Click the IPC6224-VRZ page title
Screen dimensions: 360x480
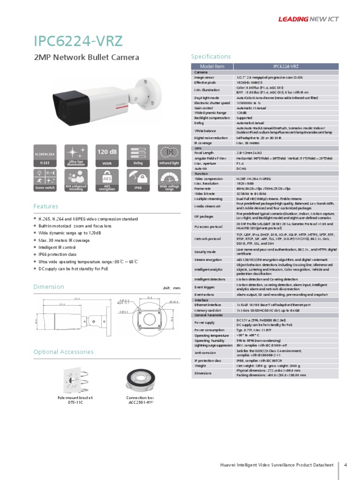point(78,41)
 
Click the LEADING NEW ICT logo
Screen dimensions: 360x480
point(308,19)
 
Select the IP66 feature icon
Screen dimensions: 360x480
point(138,180)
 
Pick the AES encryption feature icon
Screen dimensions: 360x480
point(106,180)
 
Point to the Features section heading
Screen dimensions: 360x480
point(46,206)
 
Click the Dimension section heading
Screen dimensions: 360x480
point(49,287)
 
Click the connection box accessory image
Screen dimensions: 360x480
point(141,380)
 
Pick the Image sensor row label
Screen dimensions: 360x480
point(205,77)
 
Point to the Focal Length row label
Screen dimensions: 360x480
point(204,153)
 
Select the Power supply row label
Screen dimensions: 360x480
point(205,323)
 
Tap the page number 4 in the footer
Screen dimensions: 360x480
point(345,465)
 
